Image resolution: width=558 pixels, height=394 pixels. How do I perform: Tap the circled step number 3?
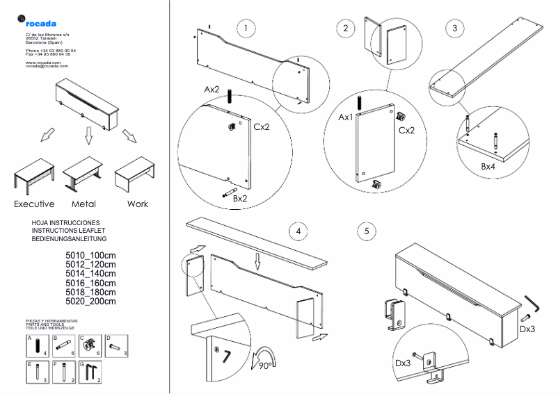point(454,28)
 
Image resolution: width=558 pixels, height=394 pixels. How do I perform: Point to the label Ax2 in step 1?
point(212,90)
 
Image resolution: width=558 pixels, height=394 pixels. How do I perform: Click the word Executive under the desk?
point(34,204)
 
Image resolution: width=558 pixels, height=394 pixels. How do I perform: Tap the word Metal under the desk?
point(83,204)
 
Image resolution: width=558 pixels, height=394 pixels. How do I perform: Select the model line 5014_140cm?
point(90,274)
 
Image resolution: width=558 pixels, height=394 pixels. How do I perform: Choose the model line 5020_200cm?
point(90,301)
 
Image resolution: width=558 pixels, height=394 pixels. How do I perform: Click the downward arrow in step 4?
point(257,263)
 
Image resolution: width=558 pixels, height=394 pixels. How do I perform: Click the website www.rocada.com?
point(43,62)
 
